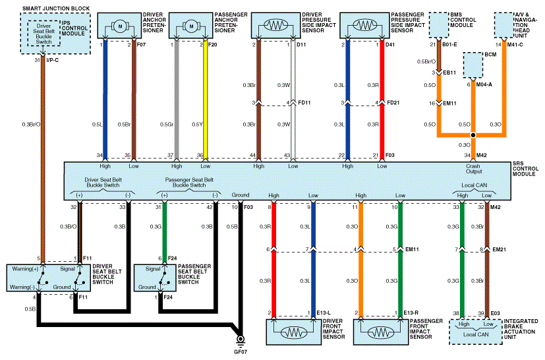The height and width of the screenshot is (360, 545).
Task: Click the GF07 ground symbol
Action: pos(240,340)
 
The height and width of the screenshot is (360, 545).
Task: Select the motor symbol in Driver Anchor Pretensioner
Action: pos(120,26)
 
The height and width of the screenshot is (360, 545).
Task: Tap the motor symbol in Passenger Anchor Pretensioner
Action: pos(191,26)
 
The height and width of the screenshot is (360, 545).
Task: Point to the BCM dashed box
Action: pos(473,65)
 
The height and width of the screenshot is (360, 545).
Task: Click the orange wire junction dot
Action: pos(473,135)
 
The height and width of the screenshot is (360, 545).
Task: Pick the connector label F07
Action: pos(141,45)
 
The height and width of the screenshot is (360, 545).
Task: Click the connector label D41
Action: pos(390,45)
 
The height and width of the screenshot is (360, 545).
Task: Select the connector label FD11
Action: pos(304,103)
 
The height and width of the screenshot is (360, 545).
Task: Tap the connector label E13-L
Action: pos(324,313)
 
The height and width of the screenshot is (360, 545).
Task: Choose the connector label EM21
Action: pos(499,249)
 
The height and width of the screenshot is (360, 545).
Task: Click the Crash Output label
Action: pos(473,169)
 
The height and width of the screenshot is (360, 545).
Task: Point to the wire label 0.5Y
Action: pos(197,125)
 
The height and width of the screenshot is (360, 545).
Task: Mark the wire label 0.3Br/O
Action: pos(31,125)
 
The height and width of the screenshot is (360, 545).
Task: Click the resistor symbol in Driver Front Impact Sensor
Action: pos(294,333)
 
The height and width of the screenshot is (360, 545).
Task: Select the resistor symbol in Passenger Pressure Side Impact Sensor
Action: pos(364,25)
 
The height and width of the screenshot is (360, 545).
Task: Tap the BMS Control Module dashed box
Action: pos(439,25)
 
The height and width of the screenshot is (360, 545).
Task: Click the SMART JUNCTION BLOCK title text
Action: pos(56,9)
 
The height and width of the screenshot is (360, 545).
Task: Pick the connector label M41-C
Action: pos(515,45)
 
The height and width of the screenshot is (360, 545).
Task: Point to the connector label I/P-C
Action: pos(52,60)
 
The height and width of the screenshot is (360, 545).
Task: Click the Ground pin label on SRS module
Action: pos(241,195)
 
